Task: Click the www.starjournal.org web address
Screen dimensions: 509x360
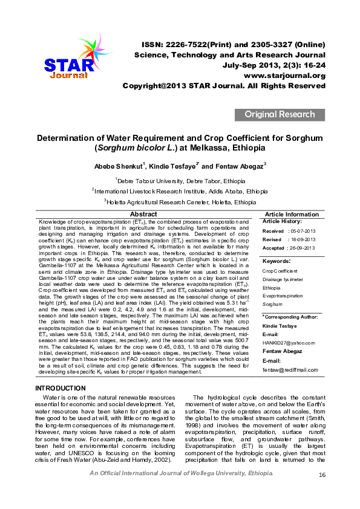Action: pyautogui.click(x=284, y=76)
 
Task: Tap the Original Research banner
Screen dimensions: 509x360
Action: pyautogui.click(x=280, y=114)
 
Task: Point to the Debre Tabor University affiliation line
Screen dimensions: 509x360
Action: pyautogui.click(x=180, y=181)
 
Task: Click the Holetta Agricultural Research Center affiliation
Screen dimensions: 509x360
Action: pyautogui.click(x=180, y=201)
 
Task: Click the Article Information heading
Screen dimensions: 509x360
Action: pyautogui.click(x=292, y=215)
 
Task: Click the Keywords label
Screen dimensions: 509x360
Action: pyautogui.click(x=277, y=261)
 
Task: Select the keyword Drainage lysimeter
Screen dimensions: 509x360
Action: pyautogui.click(x=283, y=279)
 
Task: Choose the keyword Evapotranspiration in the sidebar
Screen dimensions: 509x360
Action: pyautogui.click(x=283, y=296)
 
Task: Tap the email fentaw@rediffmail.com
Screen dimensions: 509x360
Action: pyautogui.click(x=290, y=369)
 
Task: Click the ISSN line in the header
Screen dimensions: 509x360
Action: pyautogui.click(x=234, y=45)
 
